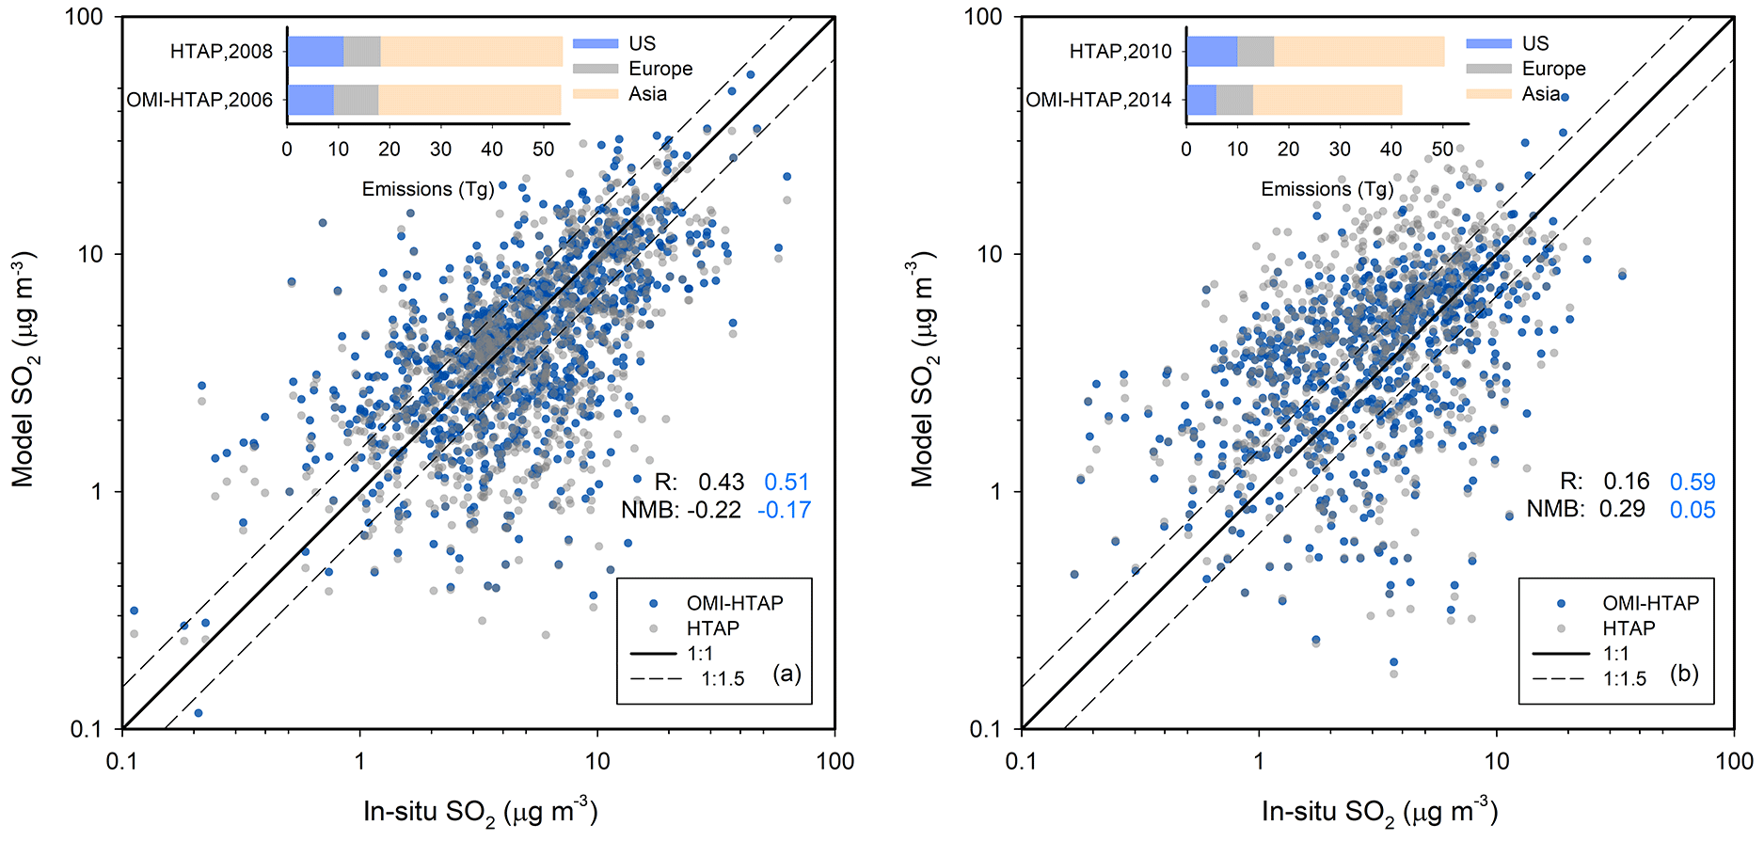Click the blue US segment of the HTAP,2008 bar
315,51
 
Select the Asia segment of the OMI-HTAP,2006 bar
469,100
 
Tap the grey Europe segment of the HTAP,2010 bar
1255,51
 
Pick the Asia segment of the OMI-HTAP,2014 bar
1327,100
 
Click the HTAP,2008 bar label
221,52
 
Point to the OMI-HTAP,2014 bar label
1099,100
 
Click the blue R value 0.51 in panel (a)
787,483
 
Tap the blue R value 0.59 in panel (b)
1692,483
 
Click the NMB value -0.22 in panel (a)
714,510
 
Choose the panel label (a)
787,674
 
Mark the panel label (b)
1684,674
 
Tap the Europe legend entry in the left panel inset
660,69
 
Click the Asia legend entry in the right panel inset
1541,94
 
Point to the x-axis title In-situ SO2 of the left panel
481,812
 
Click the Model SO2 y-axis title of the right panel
923,369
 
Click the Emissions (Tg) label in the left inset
428,189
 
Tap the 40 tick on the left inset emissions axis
492,149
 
